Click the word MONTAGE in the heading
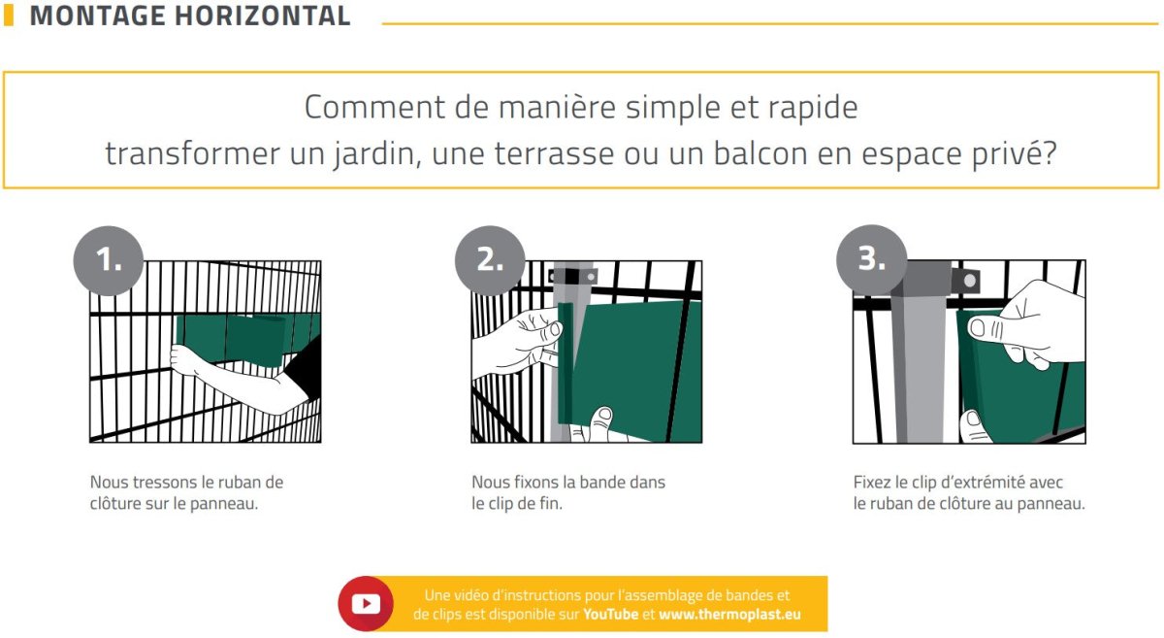[97, 16]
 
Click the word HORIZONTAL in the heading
[263, 16]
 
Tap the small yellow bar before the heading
[9, 16]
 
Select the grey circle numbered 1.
[109, 260]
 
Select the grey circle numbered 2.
[490, 260]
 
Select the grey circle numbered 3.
[871, 259]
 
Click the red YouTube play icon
[366, 604]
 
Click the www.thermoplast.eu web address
[729, 614]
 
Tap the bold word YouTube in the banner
[610, 614]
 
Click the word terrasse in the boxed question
[554, 153]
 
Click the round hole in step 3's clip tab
[970, 281]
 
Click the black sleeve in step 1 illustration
[305, 368]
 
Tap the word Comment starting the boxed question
[374, 107]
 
